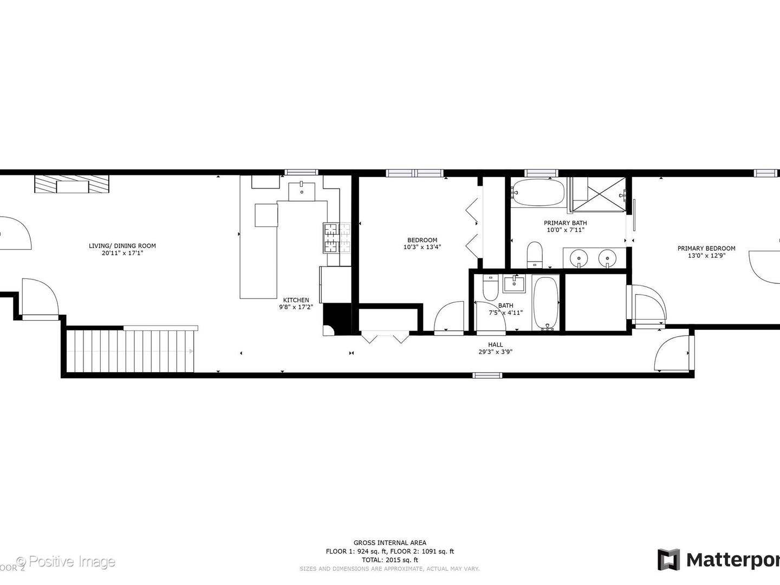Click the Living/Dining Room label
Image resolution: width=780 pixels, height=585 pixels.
click(122, 246)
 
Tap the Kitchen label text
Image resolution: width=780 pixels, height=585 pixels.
click(296, 300)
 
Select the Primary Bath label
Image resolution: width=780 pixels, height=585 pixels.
click(565, 223)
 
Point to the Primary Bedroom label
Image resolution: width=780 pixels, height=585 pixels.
click(706, 249)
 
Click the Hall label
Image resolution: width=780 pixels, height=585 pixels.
click(495, 344)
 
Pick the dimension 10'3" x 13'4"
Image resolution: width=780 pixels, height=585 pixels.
click(422, 247)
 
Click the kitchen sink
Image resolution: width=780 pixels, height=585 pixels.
click(302, 191)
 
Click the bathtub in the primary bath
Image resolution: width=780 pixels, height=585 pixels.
click(538, 192)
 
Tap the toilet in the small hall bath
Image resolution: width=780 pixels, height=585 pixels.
click(490, 289)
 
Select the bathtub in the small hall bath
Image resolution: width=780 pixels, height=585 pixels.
click(545, 303)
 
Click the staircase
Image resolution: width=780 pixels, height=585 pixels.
click(130, 351)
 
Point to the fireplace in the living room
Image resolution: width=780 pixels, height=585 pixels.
click(72, 185)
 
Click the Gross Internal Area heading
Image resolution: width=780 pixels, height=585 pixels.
click(389, 543)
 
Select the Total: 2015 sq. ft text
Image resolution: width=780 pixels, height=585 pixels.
click(389, 560)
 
